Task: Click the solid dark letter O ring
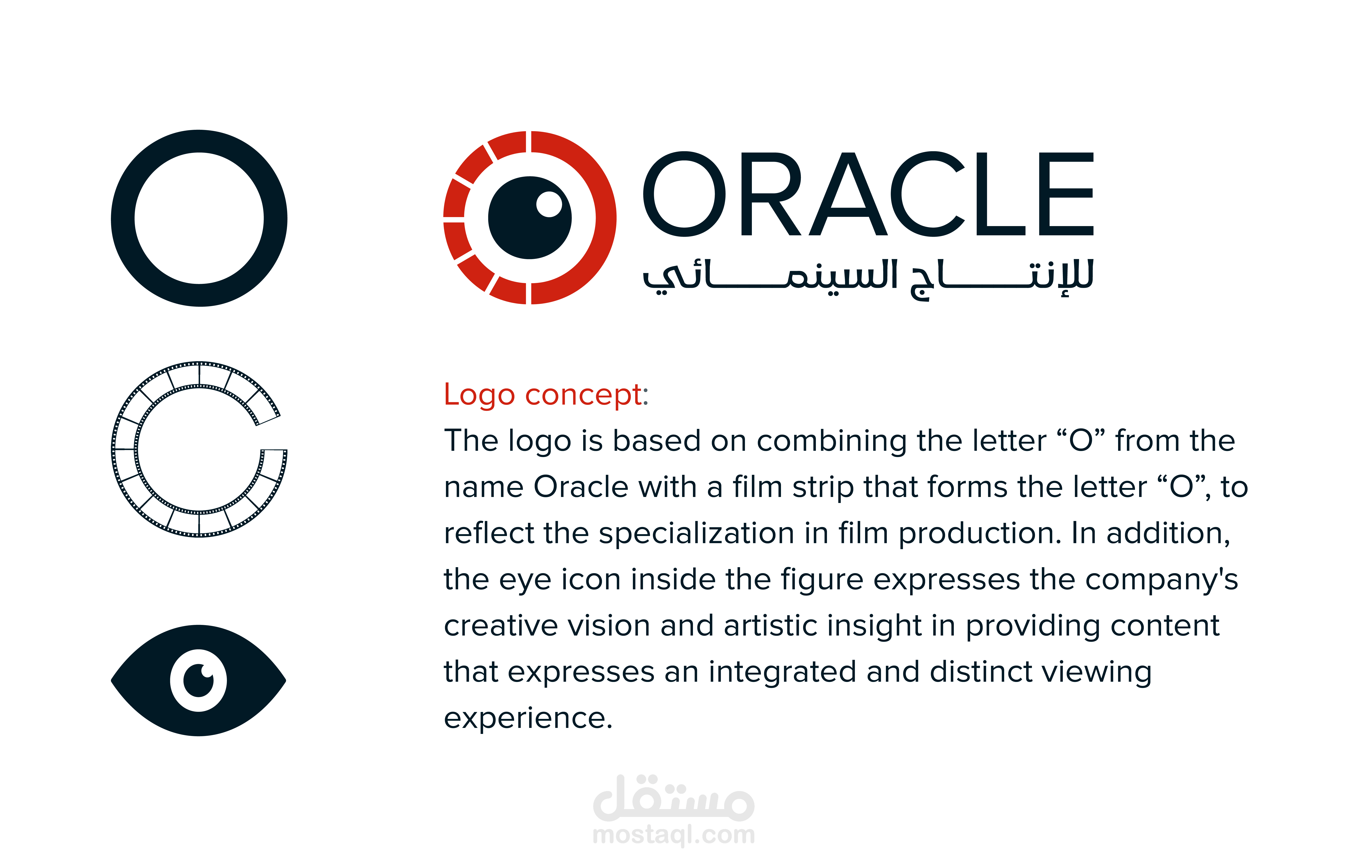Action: coord(123,218)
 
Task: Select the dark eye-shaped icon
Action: coord(141,680)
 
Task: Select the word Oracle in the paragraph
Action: coord(581,486)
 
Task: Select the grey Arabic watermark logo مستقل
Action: coord(674,797)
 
